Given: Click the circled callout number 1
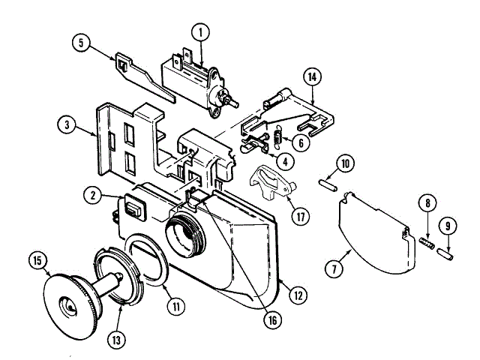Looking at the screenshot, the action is pos(199,32).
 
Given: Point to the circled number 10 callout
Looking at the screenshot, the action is pos(344,163).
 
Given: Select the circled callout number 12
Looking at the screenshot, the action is pos(298,295).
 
